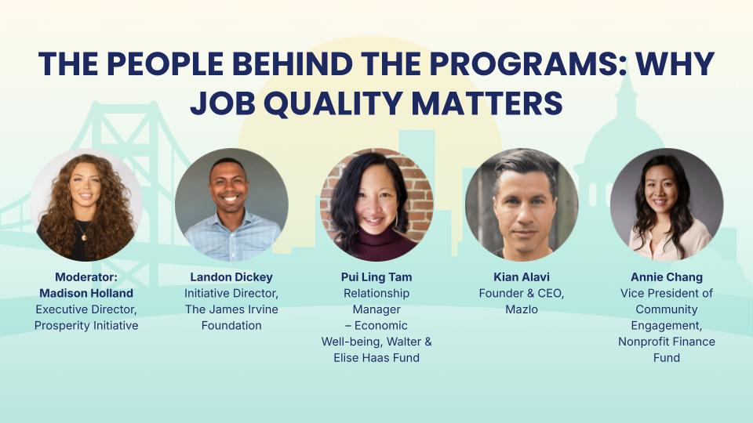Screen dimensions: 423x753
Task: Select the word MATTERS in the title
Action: click(497, 103)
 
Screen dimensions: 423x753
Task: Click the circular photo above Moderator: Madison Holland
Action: click(86, 205)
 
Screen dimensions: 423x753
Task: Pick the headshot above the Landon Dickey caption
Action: click(231, 205)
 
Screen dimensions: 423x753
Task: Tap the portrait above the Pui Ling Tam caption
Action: click(376, 205)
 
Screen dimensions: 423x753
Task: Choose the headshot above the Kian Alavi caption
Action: click(522, 205)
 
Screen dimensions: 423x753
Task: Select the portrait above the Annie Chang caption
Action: click(667, 205)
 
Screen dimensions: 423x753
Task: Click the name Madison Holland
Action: click(86, 293)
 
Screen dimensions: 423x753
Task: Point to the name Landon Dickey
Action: click(231, 277)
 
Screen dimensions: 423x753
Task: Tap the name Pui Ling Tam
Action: click(376, 277)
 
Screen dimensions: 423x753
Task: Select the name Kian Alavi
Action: click(522, 277)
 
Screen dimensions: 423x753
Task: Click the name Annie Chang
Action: click(667, 277)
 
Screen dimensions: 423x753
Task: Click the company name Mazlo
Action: click(522, 309)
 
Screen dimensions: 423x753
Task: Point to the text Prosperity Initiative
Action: click(86, 325)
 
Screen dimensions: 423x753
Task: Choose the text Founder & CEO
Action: click(522, 293)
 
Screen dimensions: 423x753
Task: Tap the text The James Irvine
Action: click(231, 309)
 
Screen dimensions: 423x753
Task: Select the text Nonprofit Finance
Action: click(667, 342)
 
